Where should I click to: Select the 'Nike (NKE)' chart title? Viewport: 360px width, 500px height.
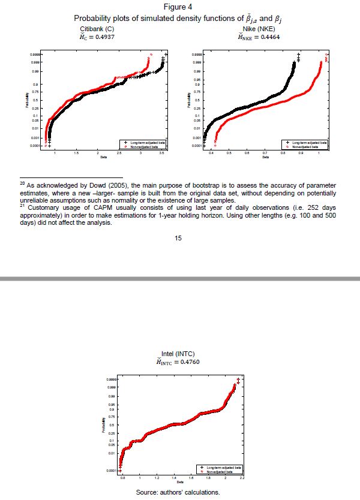pyautogui.click(x=259, y=29)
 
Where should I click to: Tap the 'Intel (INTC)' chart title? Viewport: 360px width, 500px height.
pyautogui.click(x=179, y=354)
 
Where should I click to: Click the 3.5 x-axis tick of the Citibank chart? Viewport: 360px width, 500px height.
pyautogui.click(x=161, y=154)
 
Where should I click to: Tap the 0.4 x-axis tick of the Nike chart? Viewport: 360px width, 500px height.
pyautogui.click(x=212, y=154)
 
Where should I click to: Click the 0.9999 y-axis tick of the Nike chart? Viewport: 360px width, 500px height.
pyautogui.click(x=196, y=55)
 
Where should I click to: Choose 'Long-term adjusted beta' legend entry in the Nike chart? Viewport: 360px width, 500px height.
pyautogui.click(x=307, y=142)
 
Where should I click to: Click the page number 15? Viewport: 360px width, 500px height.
pyautogui.click(x=178, y=239)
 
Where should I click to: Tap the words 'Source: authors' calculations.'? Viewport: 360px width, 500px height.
pyautogui.click(x=178, y=492)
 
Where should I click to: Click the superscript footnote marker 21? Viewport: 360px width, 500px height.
pyautogui.click(x=22, y=204)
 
